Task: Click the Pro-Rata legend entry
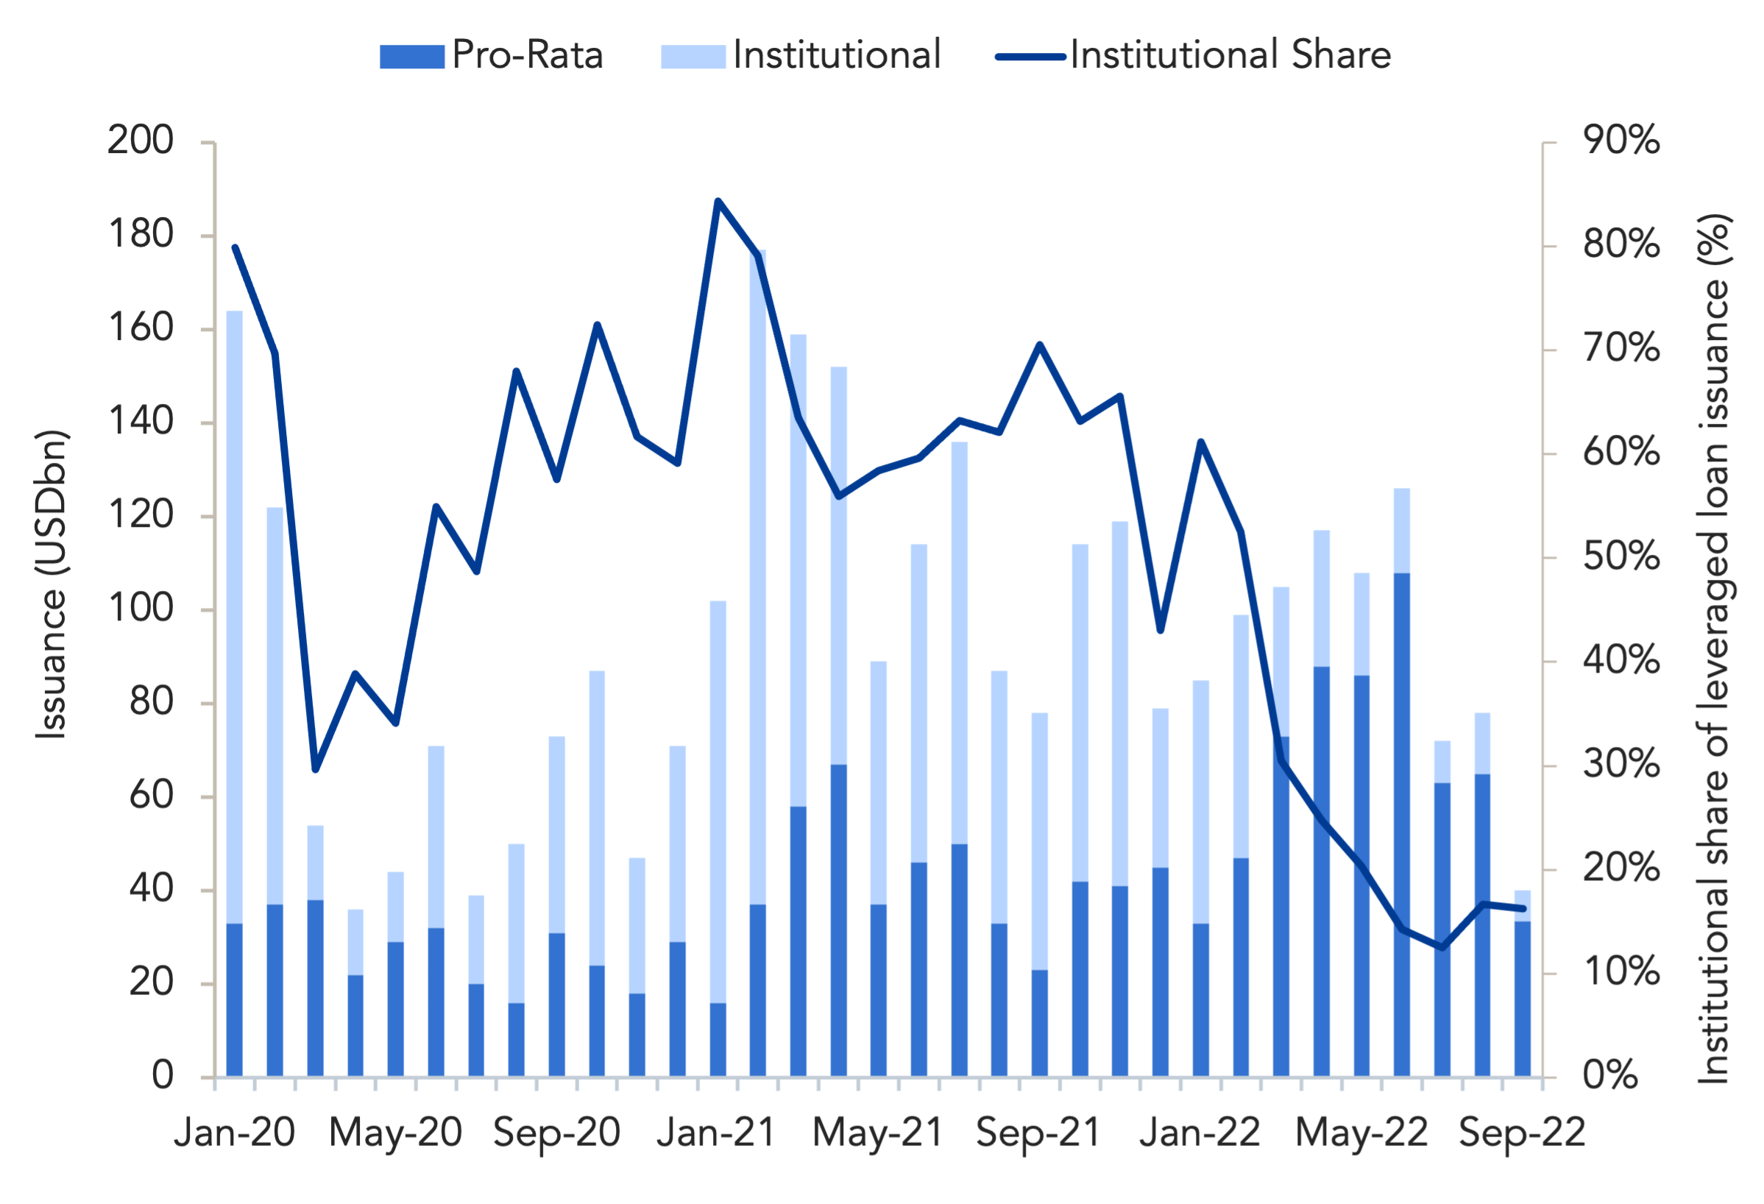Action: pos(491,55)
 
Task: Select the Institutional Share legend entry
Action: pos(1193,55)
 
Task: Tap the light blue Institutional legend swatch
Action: pos(693,57)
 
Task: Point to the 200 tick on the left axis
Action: pos(140,141)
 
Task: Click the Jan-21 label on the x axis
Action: pos(718,1133)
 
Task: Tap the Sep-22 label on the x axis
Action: pos(1522,1133)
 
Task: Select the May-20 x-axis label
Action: pos(395,1133)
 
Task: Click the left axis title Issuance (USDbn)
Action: pos(52,584)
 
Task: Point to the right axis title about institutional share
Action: pos(1714,649)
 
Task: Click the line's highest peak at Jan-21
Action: pos(718,201)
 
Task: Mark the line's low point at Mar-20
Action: pos(316,769)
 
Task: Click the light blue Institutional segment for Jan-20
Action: pos(235,617)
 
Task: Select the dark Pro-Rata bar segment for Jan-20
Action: pos(235,1000)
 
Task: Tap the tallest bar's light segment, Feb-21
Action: pos(757,577)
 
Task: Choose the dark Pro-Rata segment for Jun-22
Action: pos(1401,824)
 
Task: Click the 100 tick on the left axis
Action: pos(140,609)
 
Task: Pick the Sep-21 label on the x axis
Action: pos(1039,1133)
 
